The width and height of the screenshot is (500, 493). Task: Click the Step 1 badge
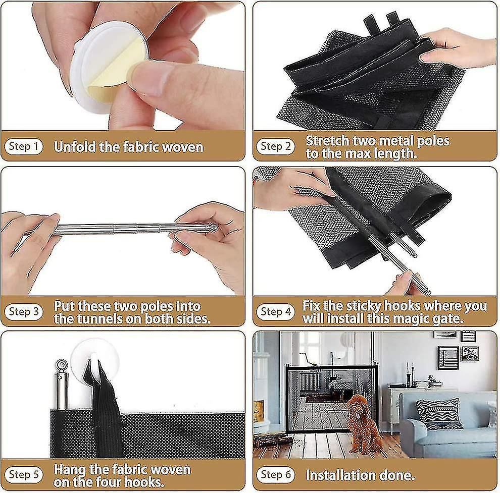(x=24, y=147)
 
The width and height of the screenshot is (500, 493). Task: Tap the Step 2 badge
(x=276, y=147)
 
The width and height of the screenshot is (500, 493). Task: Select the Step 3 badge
(x=24, y=312)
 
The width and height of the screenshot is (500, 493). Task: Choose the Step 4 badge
(x=276, y=312)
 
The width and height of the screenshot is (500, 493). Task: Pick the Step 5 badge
(x=24, y=475)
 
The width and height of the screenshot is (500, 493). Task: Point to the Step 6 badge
(x=276, y=475)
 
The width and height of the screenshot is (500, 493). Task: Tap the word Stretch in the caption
(x=327, y=141)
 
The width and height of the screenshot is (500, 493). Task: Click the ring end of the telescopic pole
(x=213, y=228)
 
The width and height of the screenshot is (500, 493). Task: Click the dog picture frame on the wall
(x=470, y=354)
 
